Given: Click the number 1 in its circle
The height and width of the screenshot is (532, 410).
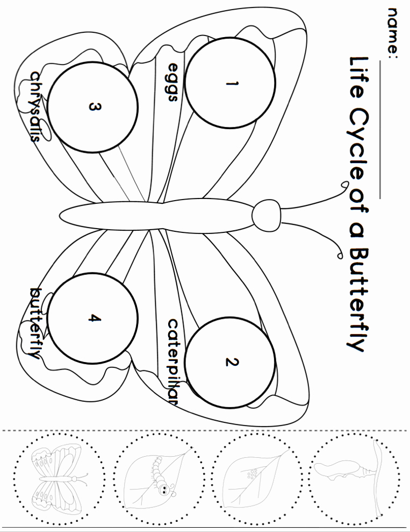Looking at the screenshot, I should coord(232,84).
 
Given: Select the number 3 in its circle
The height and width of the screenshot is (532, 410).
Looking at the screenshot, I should coord(94,107).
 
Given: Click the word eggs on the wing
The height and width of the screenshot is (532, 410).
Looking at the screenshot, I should coord(173,82).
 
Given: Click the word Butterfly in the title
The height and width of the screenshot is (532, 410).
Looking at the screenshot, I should coord(357,299).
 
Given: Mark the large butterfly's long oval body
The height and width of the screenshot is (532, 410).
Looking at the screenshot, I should coord(156,214).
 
